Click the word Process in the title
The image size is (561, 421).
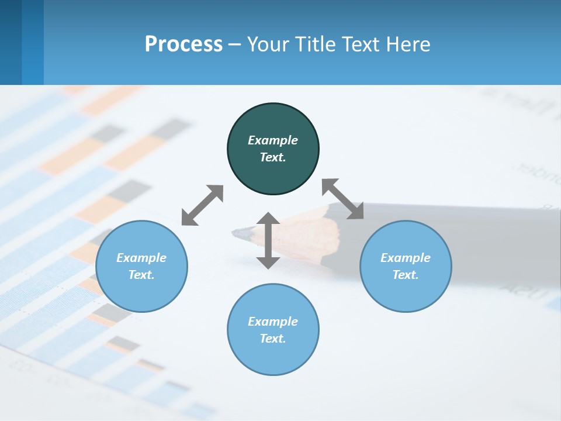click(x=183, y=44)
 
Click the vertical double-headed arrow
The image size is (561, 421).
click(x=268, y=240)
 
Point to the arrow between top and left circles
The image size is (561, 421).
click(x=202, y=205)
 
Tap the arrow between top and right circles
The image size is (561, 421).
click(x=343, y=199)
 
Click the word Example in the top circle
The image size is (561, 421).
click(x=273, y=140)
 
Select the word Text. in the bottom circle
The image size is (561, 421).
click(x=273, y=339)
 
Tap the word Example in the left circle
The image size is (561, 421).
click(x=141, y=258)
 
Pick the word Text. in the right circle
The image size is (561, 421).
click(x=406, y=275)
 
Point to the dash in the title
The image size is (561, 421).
click(x=234, y=45)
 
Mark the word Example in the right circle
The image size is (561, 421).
click(x=406, y=258)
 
